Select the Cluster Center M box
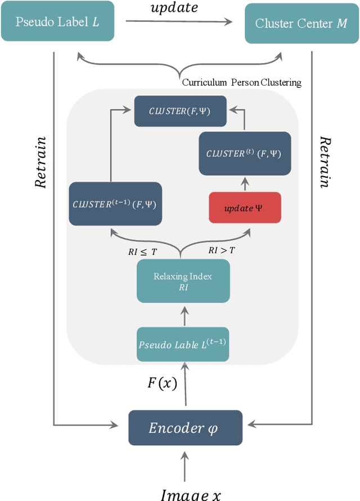click(x=301, y=23)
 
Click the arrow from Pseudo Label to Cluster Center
click(x=178, y=22)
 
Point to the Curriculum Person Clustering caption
click(x=241, y=83)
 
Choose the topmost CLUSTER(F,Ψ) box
click(x=180, y=111)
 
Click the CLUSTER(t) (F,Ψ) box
click(x=244, y=153)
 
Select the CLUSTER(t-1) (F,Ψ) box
click(x=115, y=204)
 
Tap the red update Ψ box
click(x=244, y=208)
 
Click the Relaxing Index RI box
click(x=183, y=281)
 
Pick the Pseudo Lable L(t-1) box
click(x=183, y=344)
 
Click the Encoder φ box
click(x=185, y=428)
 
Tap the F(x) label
click(x=162, y=383)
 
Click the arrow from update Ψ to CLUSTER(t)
click(x=244, y=183)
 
